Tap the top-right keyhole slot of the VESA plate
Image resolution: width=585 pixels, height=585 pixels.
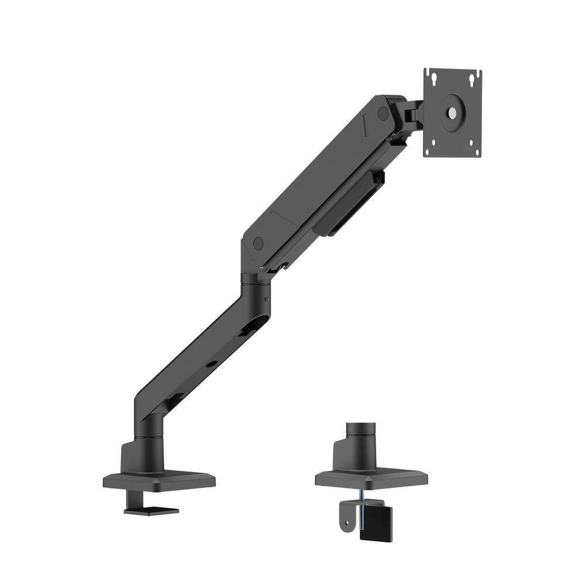click(476, 75)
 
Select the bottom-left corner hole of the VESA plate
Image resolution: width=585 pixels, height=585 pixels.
click(428, 152)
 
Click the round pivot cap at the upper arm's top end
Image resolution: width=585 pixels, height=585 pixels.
click(383, 113)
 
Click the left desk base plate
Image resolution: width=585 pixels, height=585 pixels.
click(159, 479)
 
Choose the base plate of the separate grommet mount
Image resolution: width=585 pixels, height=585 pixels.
click(371, 477)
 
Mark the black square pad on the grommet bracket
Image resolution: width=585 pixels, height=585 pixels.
click(376, 524)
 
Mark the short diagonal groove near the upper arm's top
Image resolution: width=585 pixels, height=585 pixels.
click(364, 122)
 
